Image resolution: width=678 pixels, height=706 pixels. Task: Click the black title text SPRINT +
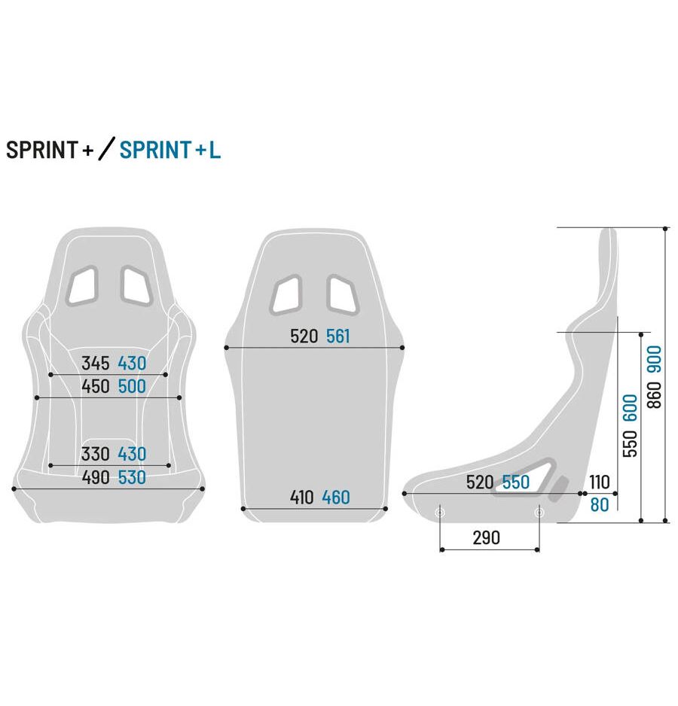click(x=50, y=150)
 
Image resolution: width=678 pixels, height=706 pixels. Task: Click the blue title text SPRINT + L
click(x=170, y=150)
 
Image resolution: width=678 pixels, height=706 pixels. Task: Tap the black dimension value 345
click(x=96, y=364)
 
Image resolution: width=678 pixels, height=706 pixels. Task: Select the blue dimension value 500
click(x=132, y=387)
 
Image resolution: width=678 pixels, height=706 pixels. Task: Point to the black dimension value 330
click(x=96, y=454)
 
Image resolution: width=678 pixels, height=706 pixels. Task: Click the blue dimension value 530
click(x=132, y=477)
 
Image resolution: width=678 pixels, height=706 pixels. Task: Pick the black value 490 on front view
click(x=96, y=477)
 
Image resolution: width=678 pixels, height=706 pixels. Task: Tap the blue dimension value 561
click(x=338, y=336)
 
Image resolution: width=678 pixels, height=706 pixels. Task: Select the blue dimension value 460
click(x=336, y=498)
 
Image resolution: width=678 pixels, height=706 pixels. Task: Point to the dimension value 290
click(x=486, y=538)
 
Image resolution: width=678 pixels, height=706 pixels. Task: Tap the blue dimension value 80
click(x=600, y=505)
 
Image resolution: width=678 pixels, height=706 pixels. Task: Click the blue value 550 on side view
click(x=516, y=482)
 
